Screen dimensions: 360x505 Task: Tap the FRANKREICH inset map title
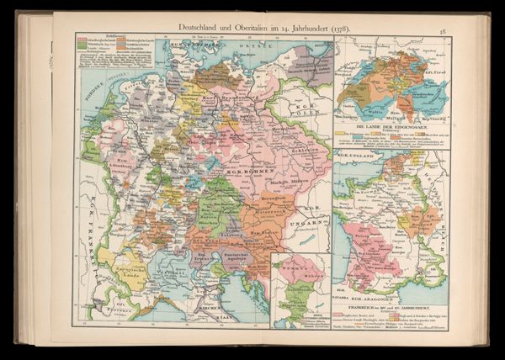coord(391,305)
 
